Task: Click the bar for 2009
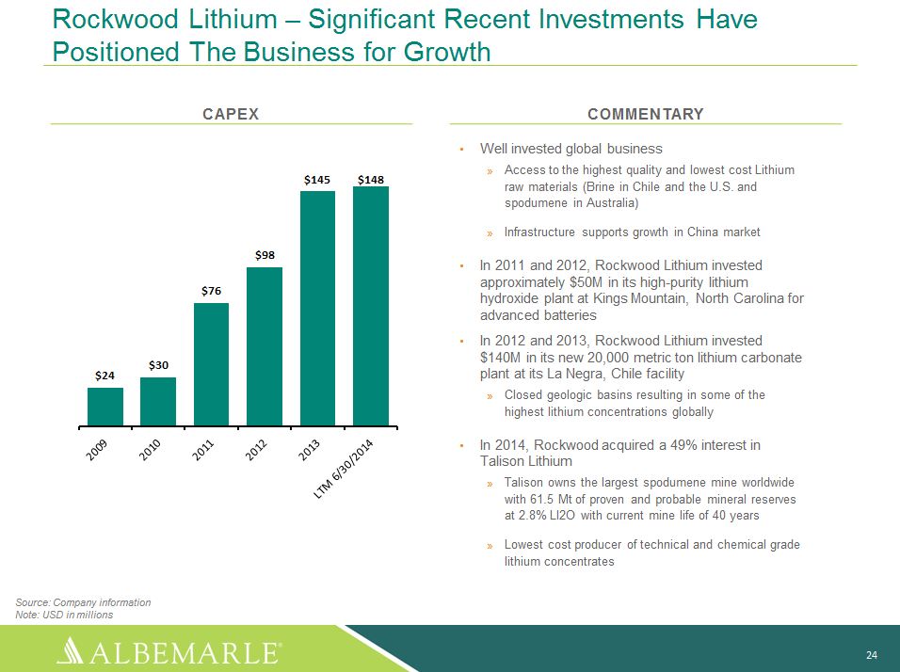pos(105,407)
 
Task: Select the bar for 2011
pos(211,364)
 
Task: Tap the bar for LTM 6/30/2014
pos(371,306)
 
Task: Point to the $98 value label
pos(265,255)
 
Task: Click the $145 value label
pos(317,180)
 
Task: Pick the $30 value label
pos(158,365)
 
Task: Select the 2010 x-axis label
pos(150,450)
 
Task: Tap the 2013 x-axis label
pos(309,450)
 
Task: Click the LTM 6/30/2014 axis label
pos(344,469)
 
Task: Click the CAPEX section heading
pos(231,114)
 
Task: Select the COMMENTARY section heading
pos(646,114)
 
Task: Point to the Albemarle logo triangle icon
pos(74,650)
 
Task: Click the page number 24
pos(872,655)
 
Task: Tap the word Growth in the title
pos(447,52)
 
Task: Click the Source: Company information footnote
pos(83,602)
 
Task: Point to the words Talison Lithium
pos(525,461)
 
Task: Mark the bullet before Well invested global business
pos(461,150)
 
